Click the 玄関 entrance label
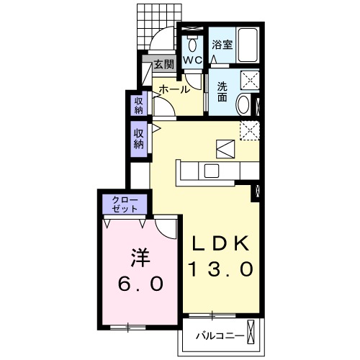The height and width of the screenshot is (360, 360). [163, 64]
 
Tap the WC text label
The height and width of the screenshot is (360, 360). [192, 60]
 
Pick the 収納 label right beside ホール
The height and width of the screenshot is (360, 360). [138, 105]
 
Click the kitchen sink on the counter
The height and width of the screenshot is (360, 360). [212, 171]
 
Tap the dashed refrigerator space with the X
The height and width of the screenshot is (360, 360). [249, 129]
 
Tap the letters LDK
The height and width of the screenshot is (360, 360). [220, 243]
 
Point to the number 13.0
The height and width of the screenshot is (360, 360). [220, 269]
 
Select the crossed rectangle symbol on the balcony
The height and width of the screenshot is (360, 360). [250, 333]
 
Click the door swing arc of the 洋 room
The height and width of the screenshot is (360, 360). [167, 229]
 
